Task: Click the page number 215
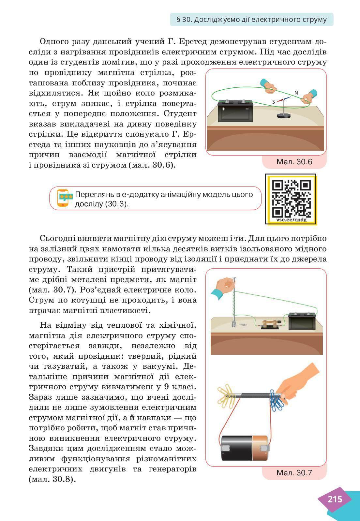click(335, 499)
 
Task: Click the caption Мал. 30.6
click(294, 162)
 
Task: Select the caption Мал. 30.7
click(294, 472)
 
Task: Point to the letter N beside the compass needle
click(296, 93)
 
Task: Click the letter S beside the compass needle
click(274, 102)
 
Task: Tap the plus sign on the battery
click(224, 109)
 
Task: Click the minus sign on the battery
click(247, 109)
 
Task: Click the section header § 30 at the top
click(251, 20)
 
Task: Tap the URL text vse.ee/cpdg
click(291, 220)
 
